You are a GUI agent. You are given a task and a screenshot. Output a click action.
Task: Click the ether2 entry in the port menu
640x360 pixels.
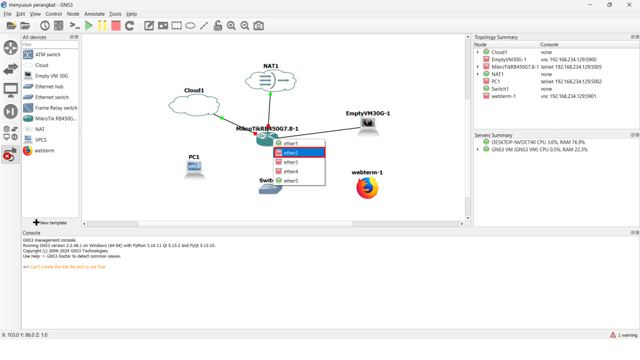(298, 152)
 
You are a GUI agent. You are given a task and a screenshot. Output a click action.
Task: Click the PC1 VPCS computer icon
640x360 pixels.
(194, 169)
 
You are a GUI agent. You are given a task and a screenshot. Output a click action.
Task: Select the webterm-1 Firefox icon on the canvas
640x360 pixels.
(367, 187)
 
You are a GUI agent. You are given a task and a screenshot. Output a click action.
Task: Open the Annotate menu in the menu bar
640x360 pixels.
(94, 14)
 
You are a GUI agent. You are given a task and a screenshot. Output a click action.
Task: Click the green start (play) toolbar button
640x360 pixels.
(89, 26)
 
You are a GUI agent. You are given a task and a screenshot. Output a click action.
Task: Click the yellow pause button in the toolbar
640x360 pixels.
(102, 26)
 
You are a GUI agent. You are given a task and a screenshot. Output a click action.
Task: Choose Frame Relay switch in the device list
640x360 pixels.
(56, 107)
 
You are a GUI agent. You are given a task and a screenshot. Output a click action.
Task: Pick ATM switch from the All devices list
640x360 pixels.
(47, 54)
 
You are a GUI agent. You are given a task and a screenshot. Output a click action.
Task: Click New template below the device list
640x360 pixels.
(50, 222)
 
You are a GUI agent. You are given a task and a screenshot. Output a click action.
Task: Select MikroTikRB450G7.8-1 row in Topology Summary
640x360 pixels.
(514, 67)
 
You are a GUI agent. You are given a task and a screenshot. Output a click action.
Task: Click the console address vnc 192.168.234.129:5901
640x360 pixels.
(568, 96)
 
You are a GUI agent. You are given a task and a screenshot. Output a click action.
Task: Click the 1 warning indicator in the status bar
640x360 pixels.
(623, 335)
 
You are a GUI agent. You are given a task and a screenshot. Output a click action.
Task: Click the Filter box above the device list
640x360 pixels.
(50, 45)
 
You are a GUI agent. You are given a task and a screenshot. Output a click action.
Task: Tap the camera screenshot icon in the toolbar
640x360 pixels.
(259, 26)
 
